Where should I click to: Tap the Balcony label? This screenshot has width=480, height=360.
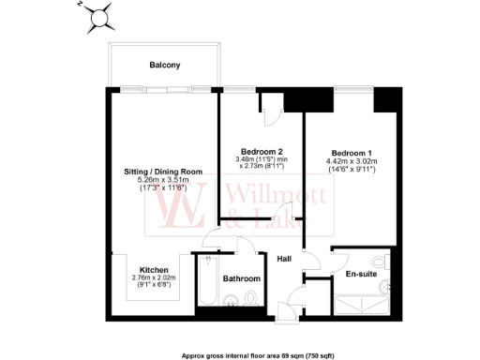tap(164, 65)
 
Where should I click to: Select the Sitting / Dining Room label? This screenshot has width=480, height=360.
tap(164, 172)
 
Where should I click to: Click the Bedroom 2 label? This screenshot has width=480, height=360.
tap(262, 152)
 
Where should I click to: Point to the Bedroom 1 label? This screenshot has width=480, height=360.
tap(351, 153)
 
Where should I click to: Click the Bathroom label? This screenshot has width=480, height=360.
tap(241, 278)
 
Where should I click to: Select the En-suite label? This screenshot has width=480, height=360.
tap(361, 274)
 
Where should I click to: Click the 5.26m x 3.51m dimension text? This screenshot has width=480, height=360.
tap(164, 181)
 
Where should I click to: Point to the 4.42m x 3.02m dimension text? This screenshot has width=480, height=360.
tap(351, 161)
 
